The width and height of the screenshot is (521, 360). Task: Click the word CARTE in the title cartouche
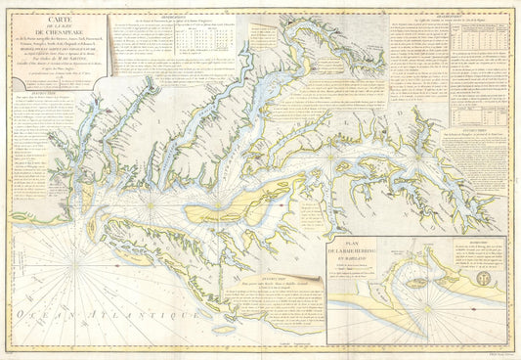57,18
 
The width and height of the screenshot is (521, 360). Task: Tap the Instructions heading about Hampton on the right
469,126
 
